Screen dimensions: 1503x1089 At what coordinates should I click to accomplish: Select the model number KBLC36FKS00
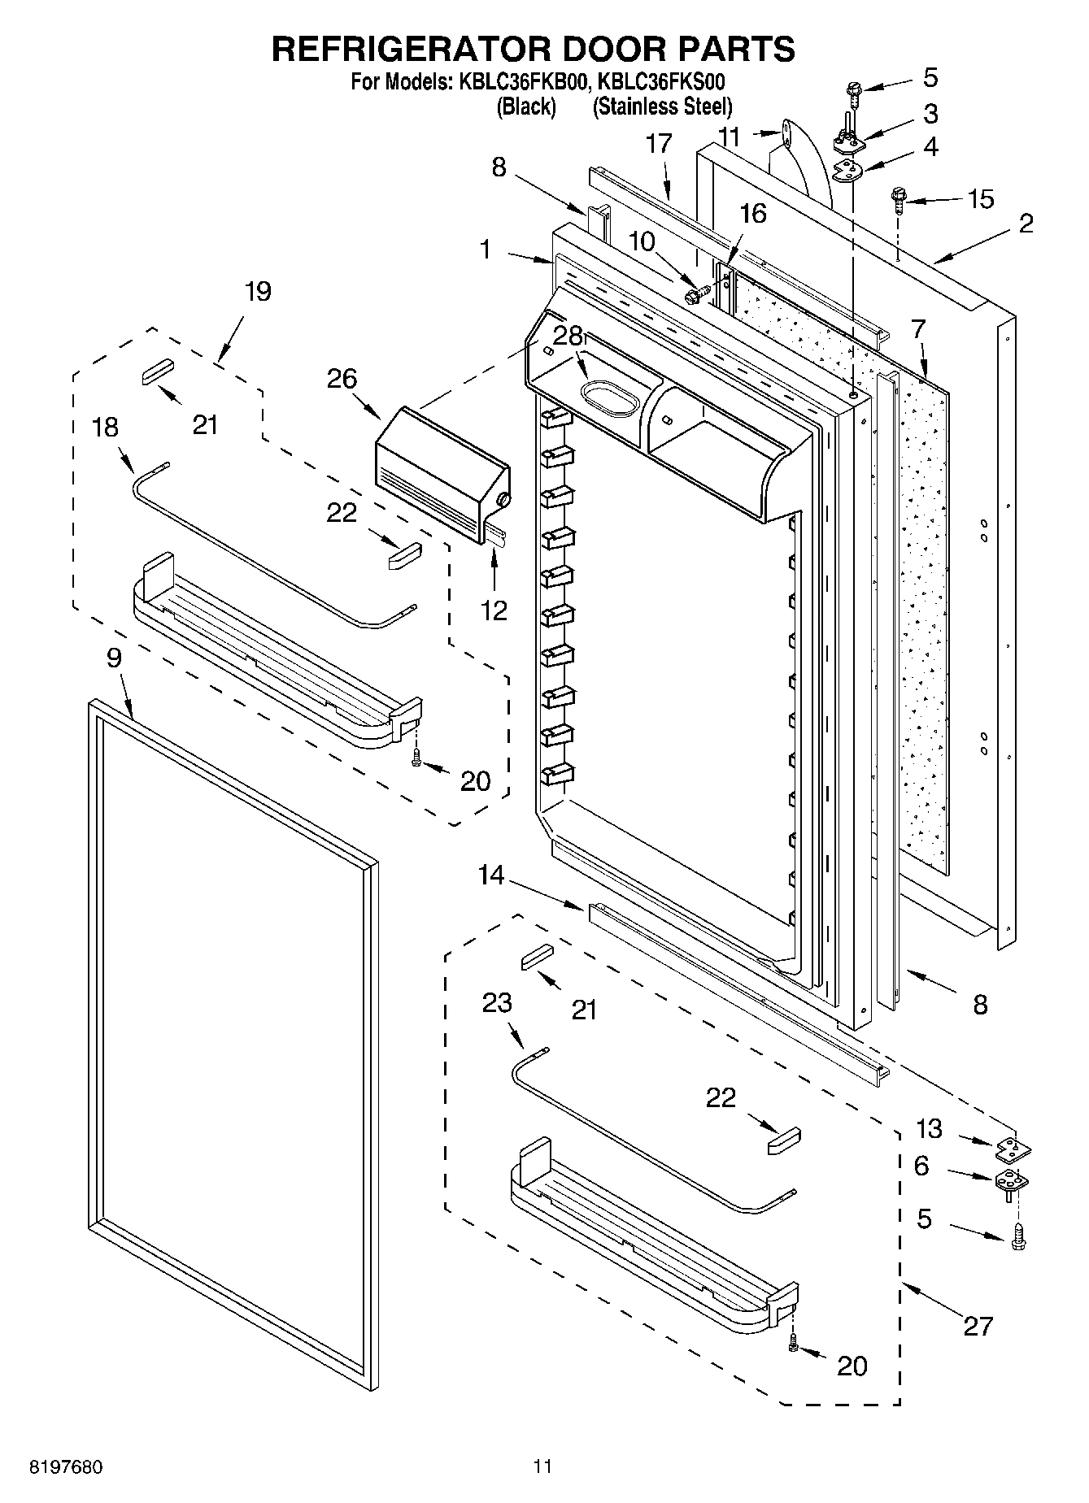pyautogui.click(x=661, y=82)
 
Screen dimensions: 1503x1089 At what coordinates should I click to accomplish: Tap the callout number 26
pyautogui.click(x=342, y=378)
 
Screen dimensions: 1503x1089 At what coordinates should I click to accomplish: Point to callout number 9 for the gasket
pyautogui.click(x=114, y=658)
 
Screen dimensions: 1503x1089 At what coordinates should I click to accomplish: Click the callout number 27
pyautogui.click(x=978, y=1326)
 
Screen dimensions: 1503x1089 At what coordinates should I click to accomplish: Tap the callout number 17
pyautogui.click(x=659, y=143)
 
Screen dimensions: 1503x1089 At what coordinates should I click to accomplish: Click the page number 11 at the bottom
pyautogui.click(x=542, y=1466)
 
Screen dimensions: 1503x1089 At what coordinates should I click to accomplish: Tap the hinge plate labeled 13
pyautogui.click(x=1013, y=1148)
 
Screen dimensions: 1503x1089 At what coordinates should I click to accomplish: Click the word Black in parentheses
pyautogui.click(x=526, y=106)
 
